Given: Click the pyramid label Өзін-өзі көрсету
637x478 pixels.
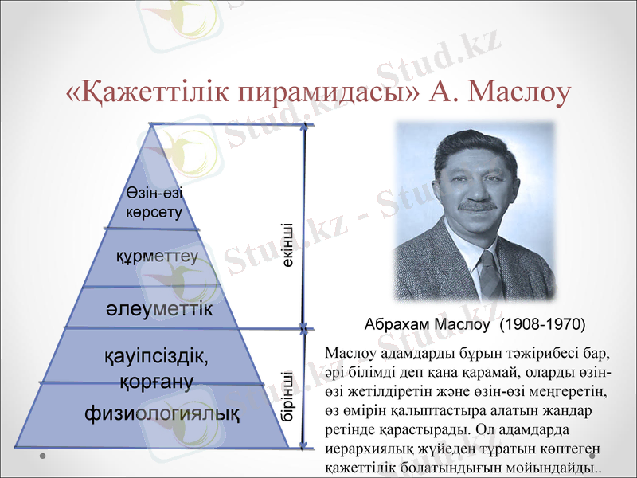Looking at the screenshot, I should point(154,204).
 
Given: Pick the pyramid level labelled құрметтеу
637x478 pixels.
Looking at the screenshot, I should point(157,257).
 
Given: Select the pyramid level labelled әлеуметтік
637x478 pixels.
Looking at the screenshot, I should point(159,308).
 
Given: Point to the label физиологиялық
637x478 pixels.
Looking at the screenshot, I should point(162,414).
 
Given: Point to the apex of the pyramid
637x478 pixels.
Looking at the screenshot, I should point(151,127).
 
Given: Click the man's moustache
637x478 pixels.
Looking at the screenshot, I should point(477,206).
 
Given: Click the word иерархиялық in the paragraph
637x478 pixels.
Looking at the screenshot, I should point(366,450).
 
